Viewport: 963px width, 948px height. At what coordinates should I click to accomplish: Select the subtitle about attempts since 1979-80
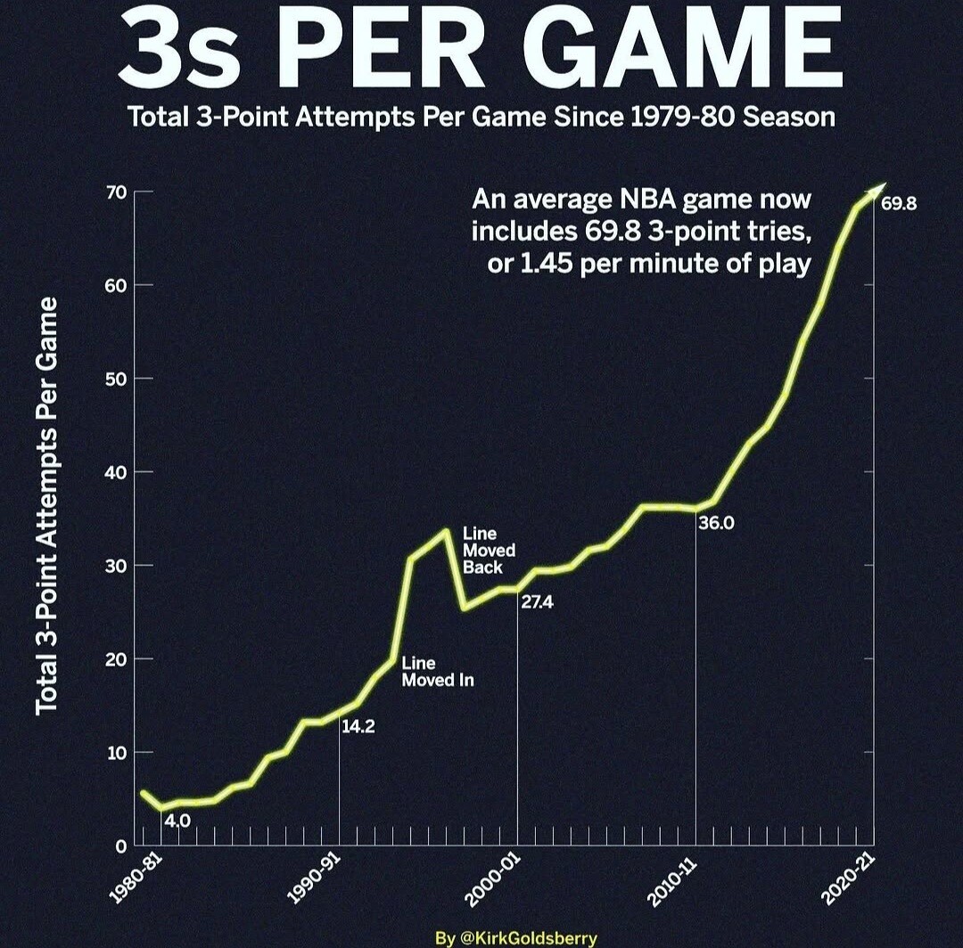[x=481, y=117]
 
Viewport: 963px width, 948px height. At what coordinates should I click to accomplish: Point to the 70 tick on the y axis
[x=117, y=192]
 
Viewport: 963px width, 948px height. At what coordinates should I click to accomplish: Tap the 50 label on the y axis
[x=117, y=379]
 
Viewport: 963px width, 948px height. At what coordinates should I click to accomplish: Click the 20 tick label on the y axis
[x=117, y=659]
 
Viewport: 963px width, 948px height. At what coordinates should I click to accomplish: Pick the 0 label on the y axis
[x=121, y=846]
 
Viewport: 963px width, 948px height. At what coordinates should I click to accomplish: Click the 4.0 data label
[x=177, y=821]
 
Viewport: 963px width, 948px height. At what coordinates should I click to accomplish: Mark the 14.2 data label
[x=358, y=726]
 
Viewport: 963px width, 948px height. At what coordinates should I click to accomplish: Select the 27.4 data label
[x=538, y=602]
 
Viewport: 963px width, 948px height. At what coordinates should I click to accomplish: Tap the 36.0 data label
[x=716, y=523]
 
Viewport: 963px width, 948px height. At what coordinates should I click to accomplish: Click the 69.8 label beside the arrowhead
[x=899, y=204]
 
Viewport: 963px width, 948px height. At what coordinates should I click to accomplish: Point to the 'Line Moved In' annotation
[x=438, y=671]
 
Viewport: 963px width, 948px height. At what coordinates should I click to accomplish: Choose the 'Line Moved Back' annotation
[x=489, y=551]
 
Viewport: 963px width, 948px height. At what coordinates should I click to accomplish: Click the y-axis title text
[x=46, y=506]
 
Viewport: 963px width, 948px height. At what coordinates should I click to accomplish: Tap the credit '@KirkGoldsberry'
[x=528, y=938]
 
